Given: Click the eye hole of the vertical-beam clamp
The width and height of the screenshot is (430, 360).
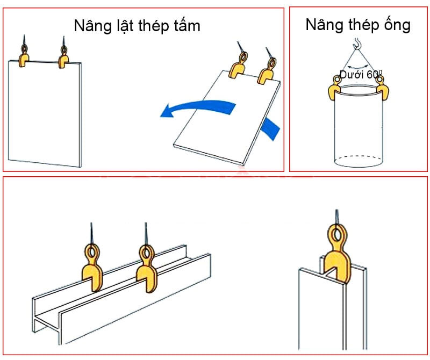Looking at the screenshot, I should (x=336, y=234).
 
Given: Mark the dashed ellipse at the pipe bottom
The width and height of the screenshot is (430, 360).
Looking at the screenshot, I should (x=358, y=160).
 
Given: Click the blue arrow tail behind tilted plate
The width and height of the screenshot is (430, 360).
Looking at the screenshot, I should (x=272, y=129).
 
